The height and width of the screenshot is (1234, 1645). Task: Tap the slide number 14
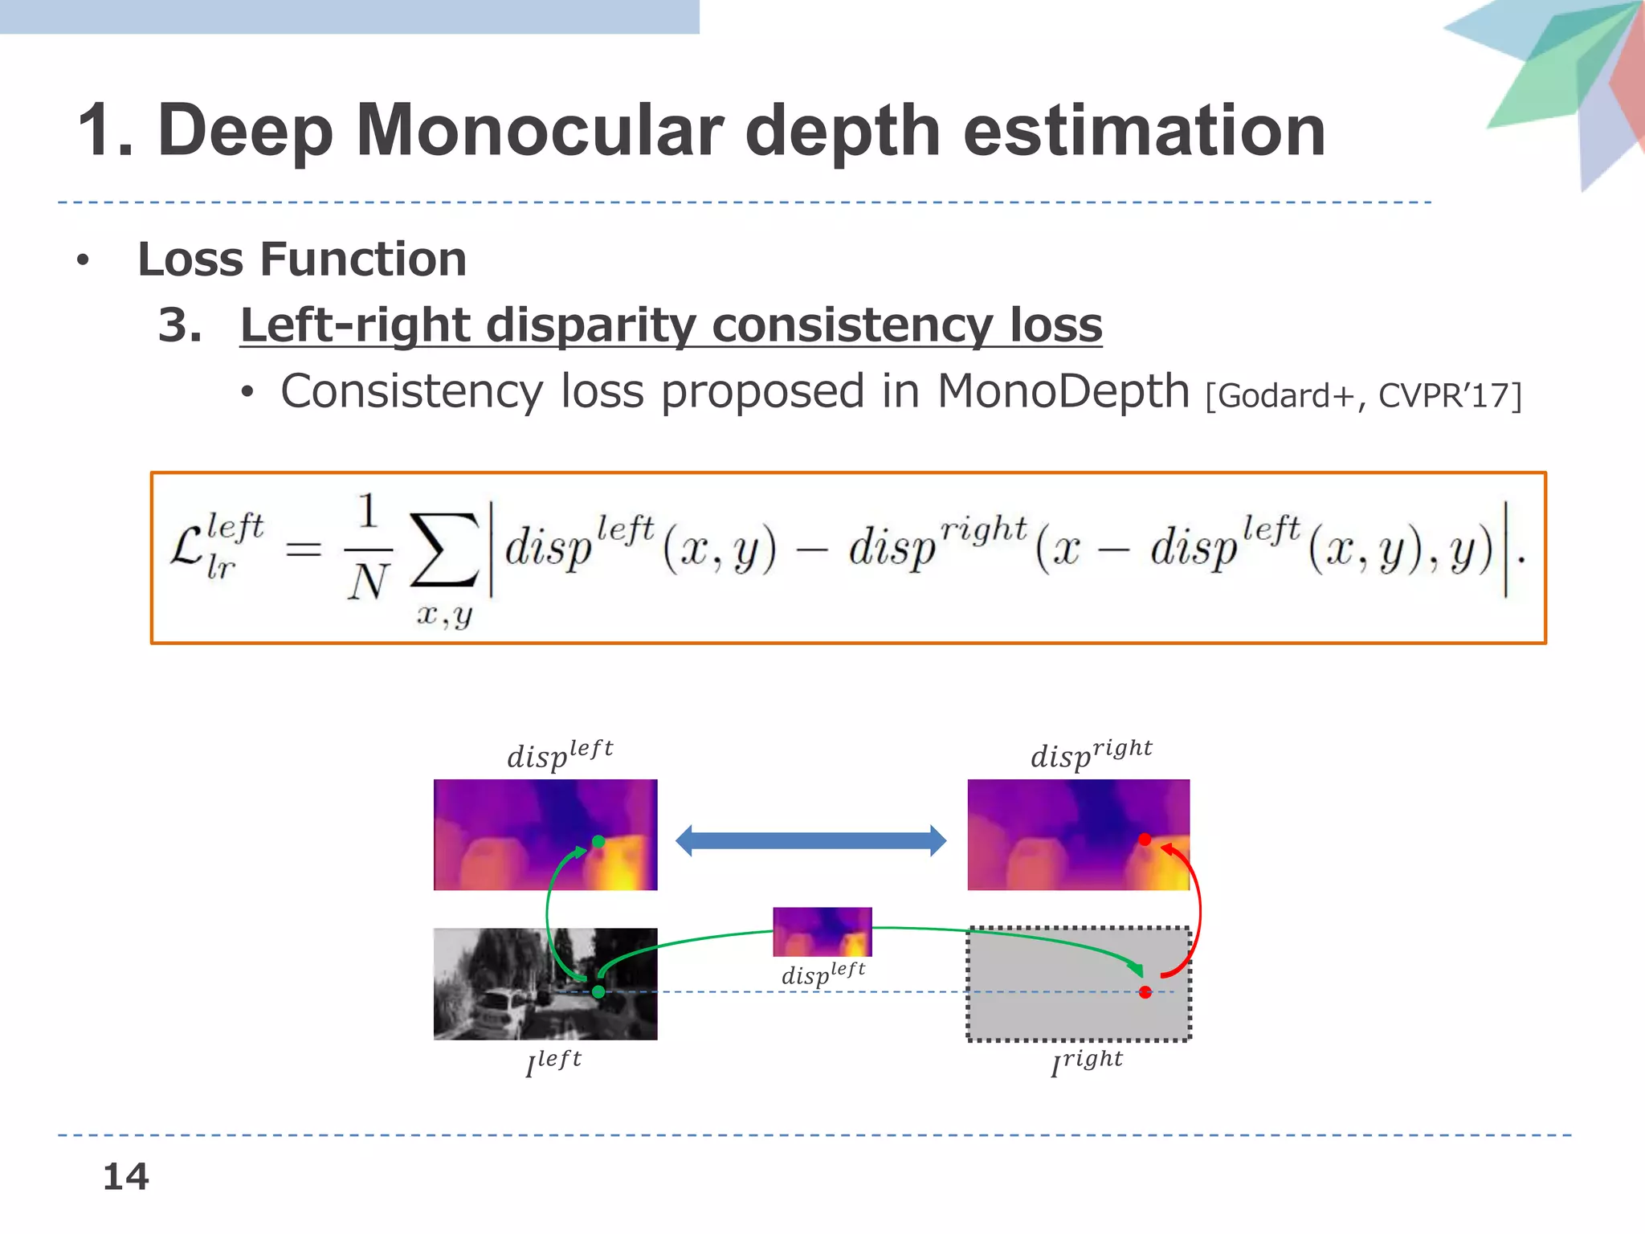pyautogui.click(x=125, y=1177)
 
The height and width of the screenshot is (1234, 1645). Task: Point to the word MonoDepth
pyautogui.click(x=1063, y=392)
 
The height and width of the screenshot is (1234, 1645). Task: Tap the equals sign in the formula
pyautogui.click(x=304, y=550)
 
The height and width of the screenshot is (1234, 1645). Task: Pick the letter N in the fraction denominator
pyautogui.click(x=368, y=582)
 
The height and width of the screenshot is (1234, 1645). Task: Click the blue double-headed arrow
pyautogui.click(x=810, y=841)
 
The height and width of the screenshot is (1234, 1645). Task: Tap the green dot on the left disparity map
pyautogui.click(x=598, y=842)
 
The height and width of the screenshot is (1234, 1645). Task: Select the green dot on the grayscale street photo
pyautogui.click(x=598, y=992)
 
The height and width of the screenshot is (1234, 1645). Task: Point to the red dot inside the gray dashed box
pyautogui.click(x=1145, y=992)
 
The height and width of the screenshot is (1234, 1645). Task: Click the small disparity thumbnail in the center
pyautogui.click(x=822, y=932)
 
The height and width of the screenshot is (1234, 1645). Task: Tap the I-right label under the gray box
pyautogui.click(x=1087, y=1062)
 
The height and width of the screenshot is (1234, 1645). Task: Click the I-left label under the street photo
pyautogui.click(x=553, y=1062)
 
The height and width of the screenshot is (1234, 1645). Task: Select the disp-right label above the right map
pyautogui.click(x=1091, y=754)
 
